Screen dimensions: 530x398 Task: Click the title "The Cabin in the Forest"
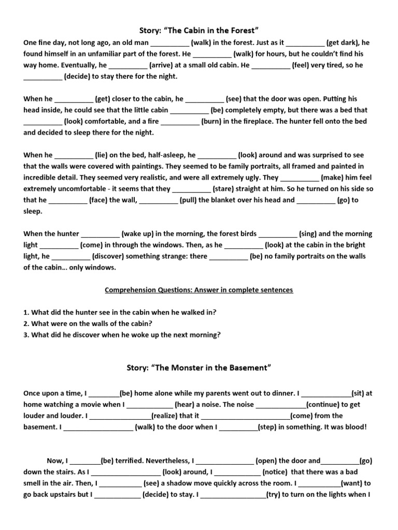pyautogui.click(x=199, y=31)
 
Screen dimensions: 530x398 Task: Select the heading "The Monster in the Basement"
pyautogui.click(x=199, y=368)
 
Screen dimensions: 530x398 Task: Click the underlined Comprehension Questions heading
pyautogui.click(x=199, y=290)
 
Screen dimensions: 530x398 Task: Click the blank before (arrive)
pyautogui.click(x=128, y=65)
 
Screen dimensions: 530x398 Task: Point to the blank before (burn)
pyautogui.click(x=180, y=121)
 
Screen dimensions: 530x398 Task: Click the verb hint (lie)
pyautogui.click(x=101, y=155)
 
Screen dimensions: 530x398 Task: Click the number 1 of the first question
pyautogui.click(x=25, y=312)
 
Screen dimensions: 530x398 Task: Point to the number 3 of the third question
pyautogui.click(x=25, y=335)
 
